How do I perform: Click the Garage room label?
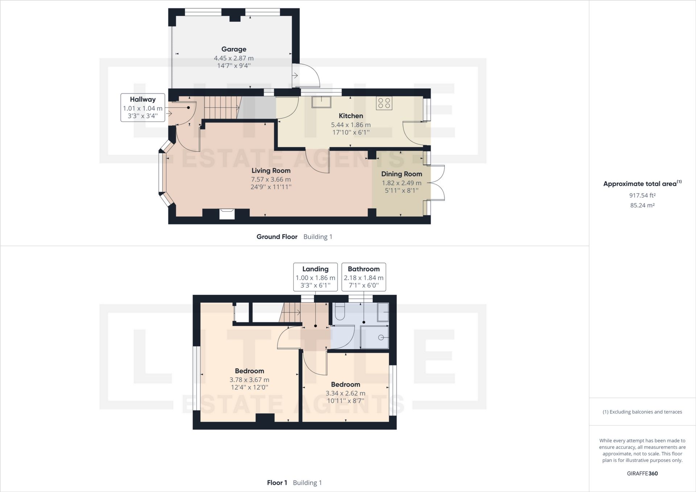(x=234, y=49)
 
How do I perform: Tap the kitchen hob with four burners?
(x=384, y=103)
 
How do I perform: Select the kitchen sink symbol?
(x=321, y=102)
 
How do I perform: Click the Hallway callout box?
(x=142, y=107)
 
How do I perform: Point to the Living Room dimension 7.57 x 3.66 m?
(x=271, y=179)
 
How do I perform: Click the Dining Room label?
(x=401, y=174)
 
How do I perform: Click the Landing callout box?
(x=315, y=277)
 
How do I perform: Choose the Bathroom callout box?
(x=364, y=277)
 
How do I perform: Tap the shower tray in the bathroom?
(x=374, y=337)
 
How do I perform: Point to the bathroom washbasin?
(x=383, y=312)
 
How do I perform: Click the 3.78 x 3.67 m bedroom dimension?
(x=249, y=380)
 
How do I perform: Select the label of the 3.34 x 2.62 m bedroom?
(x=345, y=385)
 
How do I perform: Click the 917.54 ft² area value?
(x=642, y=195)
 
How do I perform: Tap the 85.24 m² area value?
(x=642, y=205)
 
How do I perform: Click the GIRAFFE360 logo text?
(x=642, y=474)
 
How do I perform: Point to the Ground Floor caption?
(x=277, y=237)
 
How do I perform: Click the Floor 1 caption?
(x=277, y=483)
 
